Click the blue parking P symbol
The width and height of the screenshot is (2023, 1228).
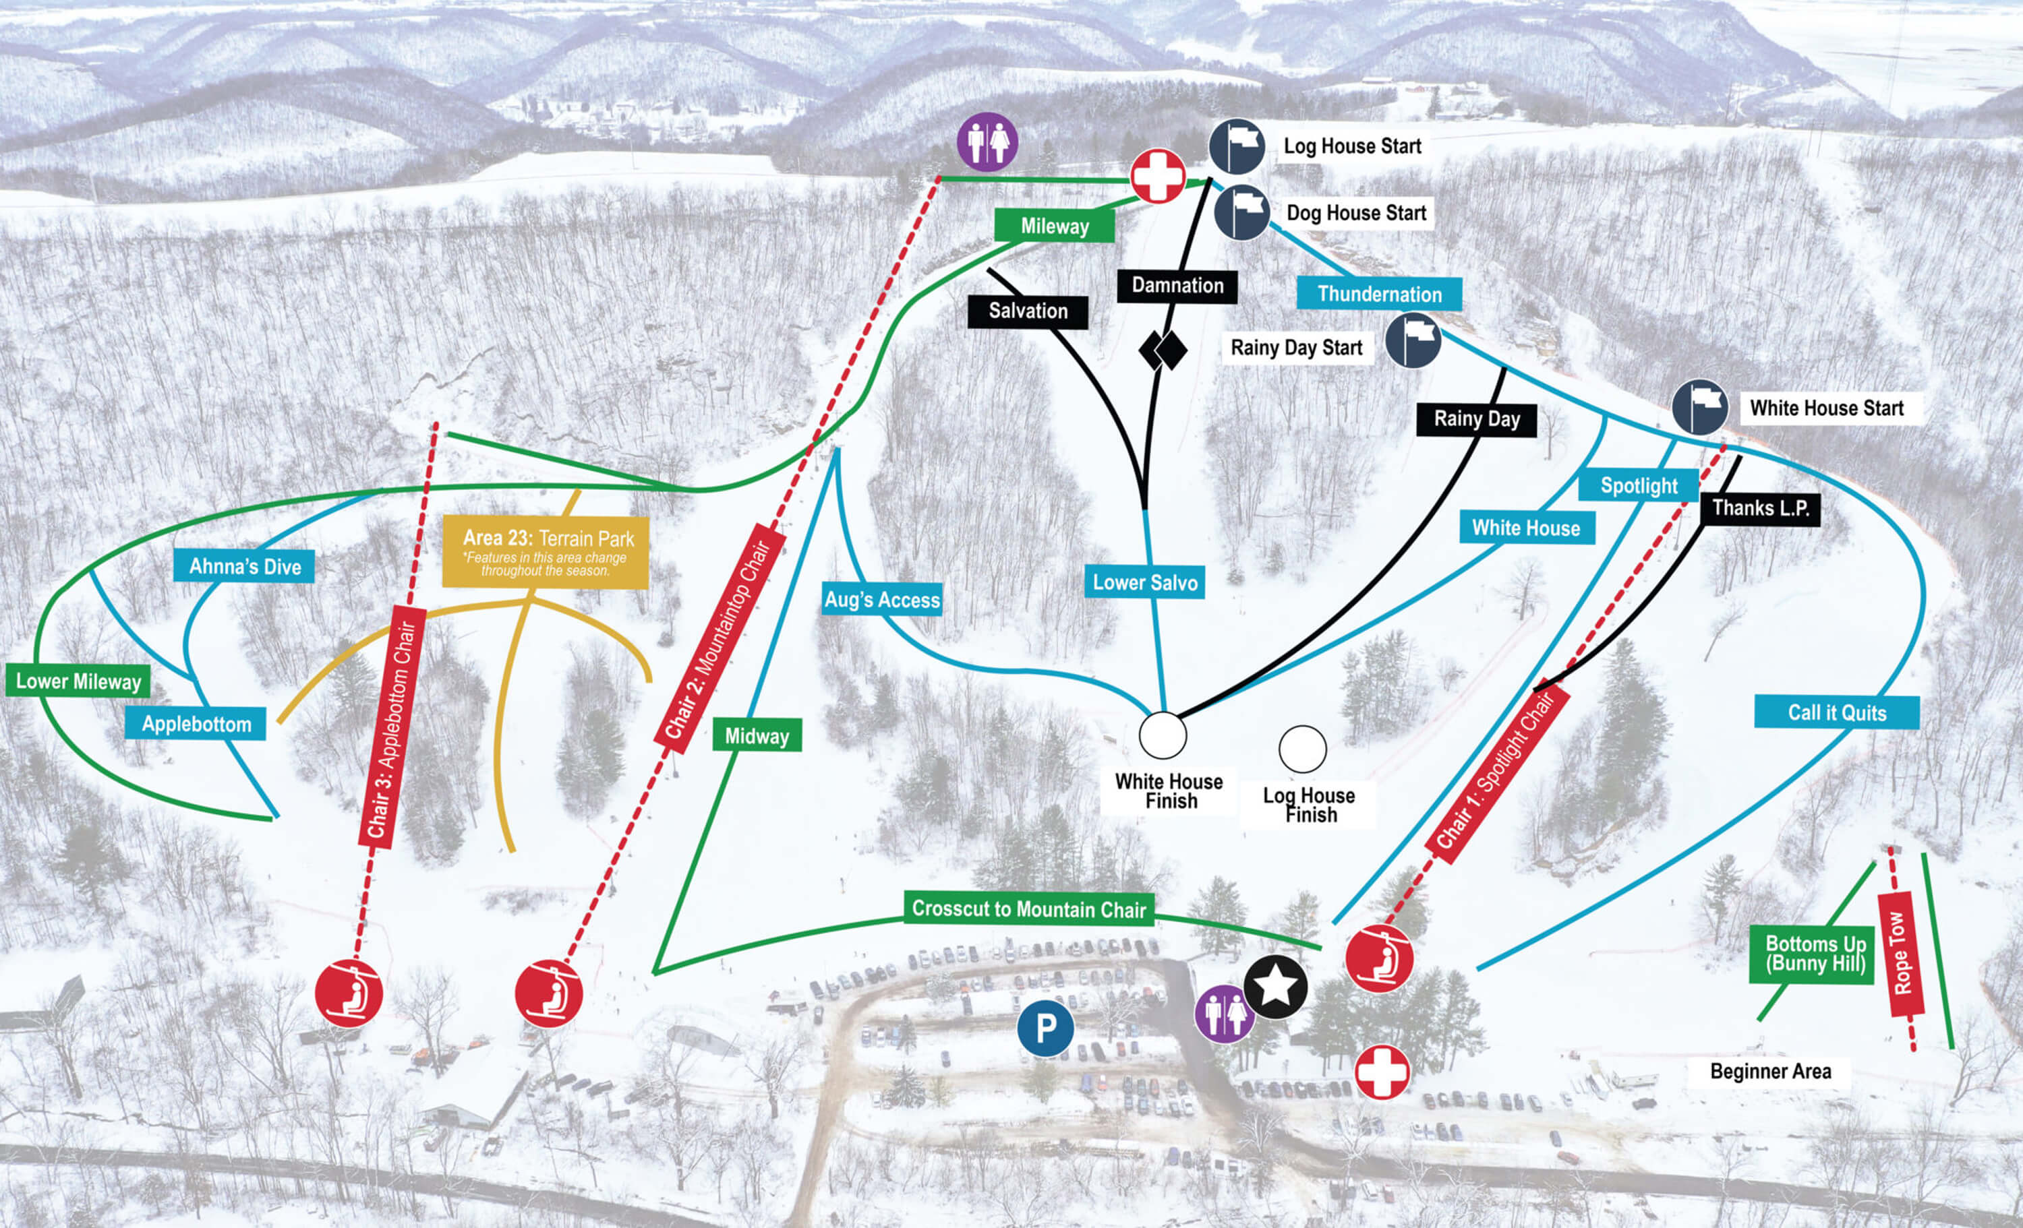coord(1045,1028)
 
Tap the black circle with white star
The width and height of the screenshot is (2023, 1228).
coord(1275,986)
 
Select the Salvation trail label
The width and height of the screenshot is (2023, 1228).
coord(1028,311)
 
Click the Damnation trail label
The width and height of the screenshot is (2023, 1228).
coord(1177,286)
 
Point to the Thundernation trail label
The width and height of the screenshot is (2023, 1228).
coord(1379,294)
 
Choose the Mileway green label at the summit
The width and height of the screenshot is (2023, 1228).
coord(1054,226)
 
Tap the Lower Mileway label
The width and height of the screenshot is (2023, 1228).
coord(78,681)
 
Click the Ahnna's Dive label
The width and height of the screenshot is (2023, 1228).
coord(245,566)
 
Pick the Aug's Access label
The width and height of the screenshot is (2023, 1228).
coord(882,600)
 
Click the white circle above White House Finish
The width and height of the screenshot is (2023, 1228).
coord(1163,735)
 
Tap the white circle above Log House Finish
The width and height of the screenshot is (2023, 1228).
coord(1302,749)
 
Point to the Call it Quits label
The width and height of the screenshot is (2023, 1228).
coord(1837,712)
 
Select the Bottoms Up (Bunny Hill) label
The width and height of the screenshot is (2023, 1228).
coord(1815,954)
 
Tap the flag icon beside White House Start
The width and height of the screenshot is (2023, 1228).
coord(1699,408)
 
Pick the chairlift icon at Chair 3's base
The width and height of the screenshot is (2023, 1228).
coord(349,993)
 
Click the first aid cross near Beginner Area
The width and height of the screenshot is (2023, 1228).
coord(1382,1072)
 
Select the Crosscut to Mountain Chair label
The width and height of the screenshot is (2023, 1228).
coord(1029,909)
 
